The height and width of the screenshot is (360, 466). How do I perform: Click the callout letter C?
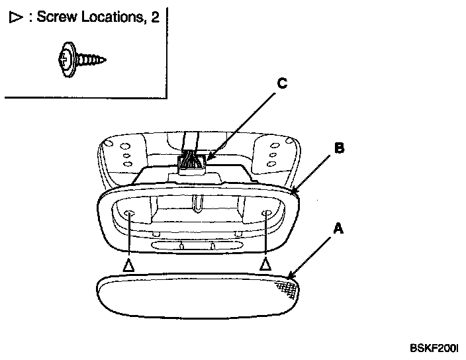pyautogui.click(x=282, y=83)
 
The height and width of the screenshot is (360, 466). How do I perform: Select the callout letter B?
pyautogui.click(x=338, y=148)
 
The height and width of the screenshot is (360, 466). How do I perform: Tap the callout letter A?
pyautogui.click(x=338, y=229)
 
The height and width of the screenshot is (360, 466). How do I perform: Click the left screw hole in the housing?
pyautogui.click(x=128, y=213)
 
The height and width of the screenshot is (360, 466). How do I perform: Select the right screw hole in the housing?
pyautogui.click(x=266, y=213)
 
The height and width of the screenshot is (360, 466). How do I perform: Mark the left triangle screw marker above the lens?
pyautogui.click(x=128, y=265)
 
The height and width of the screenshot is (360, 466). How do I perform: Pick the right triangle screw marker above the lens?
pyautogui.click(x=266, y=265)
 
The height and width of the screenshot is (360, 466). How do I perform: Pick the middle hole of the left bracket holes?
pyautogui.click(x=125, y=156)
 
